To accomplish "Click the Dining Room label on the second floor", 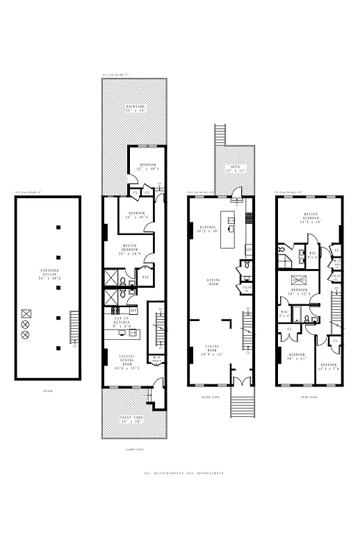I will pos(213,282).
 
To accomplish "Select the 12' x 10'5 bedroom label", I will pos(147,167).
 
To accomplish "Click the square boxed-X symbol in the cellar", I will pos(26,313).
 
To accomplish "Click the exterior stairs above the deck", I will pos(222,135).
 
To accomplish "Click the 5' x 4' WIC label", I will pos(285,314).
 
